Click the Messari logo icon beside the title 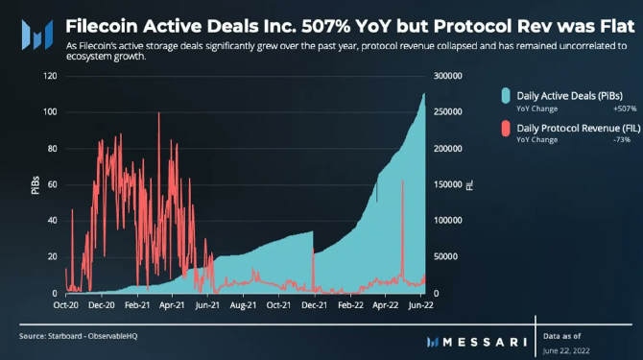tap(37, 35)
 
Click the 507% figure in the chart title tap(325, 26)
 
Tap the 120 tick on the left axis tap(50, 76)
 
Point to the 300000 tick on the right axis tap(448, 76)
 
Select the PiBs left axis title tap(36, 185)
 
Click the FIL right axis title tap(469, 185)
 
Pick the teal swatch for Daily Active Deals tap(506, 96)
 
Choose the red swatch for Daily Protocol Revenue tap(506, 129)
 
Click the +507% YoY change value tap(625, 108)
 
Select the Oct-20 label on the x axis tap(65, 305)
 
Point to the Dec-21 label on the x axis tap(315, 305)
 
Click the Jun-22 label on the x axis tap(420, 305)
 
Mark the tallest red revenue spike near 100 tap(159, 113)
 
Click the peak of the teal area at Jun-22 tap(424, 94)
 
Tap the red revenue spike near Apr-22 tap(403, 180)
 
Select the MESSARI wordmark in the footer tap(485, 342)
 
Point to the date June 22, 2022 tap(566, 351)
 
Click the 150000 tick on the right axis tap(448, 184)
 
